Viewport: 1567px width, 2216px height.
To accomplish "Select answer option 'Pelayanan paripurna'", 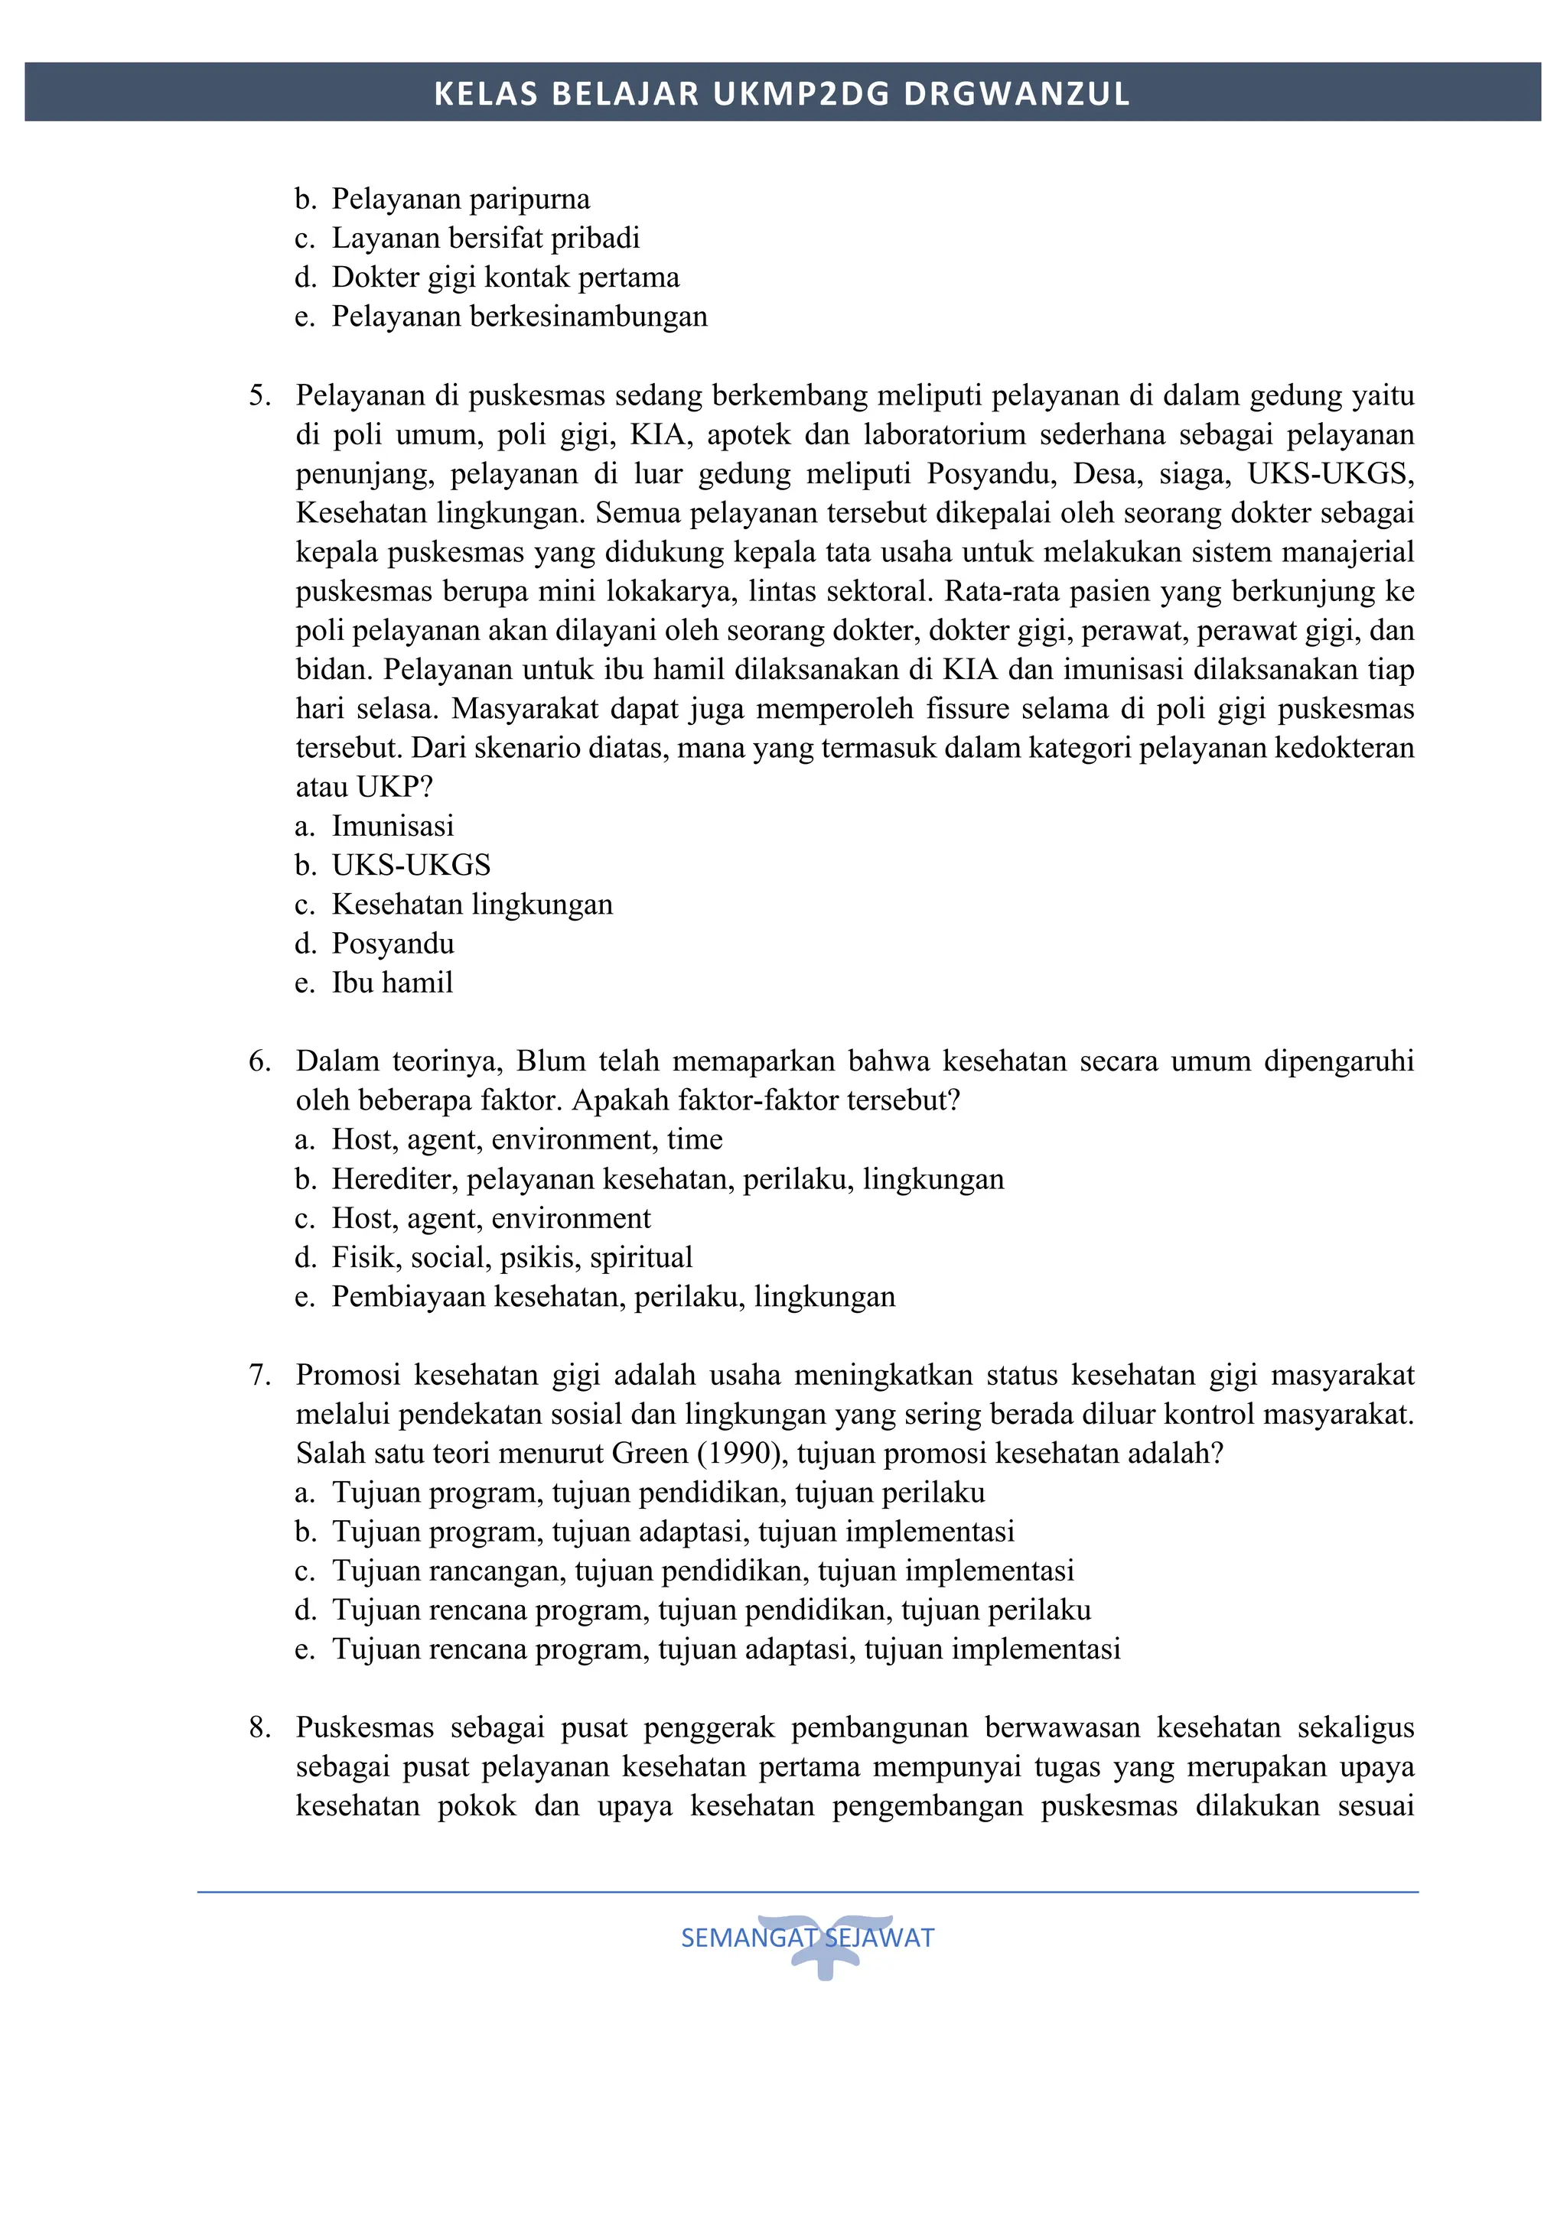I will coord(461,199).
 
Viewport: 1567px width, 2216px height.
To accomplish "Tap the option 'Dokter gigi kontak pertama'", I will coord(505,277).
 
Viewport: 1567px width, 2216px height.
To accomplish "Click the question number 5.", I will coord(259,396).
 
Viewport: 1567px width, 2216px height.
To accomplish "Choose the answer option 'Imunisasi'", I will coord(392,826).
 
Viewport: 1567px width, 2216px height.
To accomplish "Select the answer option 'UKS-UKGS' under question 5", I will coord(412,865).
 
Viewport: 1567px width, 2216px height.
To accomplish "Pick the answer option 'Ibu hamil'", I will coord(392,983).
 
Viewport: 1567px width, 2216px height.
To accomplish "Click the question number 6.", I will coord(259,1061).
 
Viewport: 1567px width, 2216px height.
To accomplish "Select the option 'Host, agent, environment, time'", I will coord(526,1140).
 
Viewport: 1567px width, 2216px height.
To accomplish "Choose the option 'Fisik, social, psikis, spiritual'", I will coord(512,1258).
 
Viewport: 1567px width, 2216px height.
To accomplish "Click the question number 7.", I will coord(259,1376).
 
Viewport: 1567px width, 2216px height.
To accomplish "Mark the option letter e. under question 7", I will coord(305,1649).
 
